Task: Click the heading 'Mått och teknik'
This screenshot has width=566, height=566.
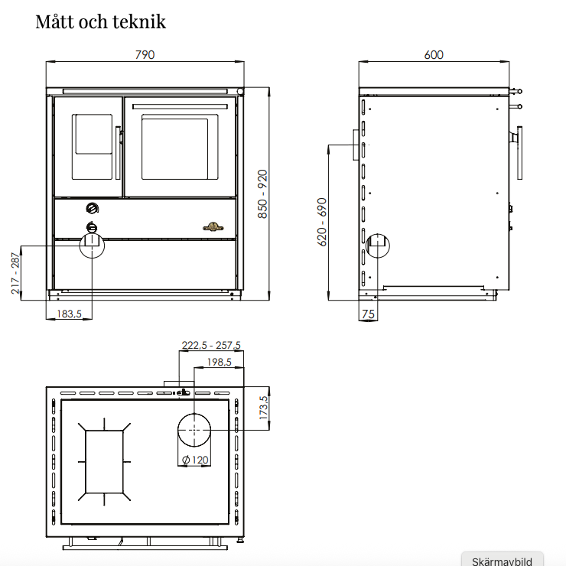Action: [x=100, y=22]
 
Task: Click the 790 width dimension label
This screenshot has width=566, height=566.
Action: [x=145, y=55]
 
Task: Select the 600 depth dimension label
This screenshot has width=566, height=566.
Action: [x=434, y=55]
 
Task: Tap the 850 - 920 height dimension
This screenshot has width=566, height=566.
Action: [x=262, y=194]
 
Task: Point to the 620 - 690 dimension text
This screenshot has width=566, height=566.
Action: [x=321, y=222]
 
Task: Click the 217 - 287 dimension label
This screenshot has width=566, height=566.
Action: [x=15, y=273]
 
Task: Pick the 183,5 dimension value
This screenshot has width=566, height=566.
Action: [x=70, y=314]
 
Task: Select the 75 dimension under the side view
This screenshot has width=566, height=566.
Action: [x=368, y=314]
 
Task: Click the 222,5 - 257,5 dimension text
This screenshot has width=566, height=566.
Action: [x=211, y=346]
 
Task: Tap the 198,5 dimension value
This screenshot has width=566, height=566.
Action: [x=219, y=362]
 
